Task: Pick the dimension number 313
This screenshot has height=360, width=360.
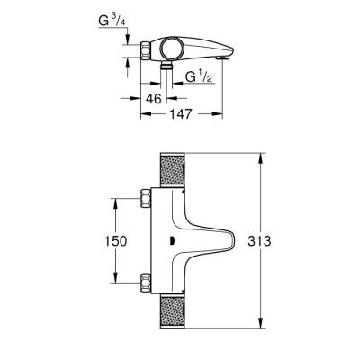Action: click(260, 242)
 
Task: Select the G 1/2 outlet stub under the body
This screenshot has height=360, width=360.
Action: click(167, 69)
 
